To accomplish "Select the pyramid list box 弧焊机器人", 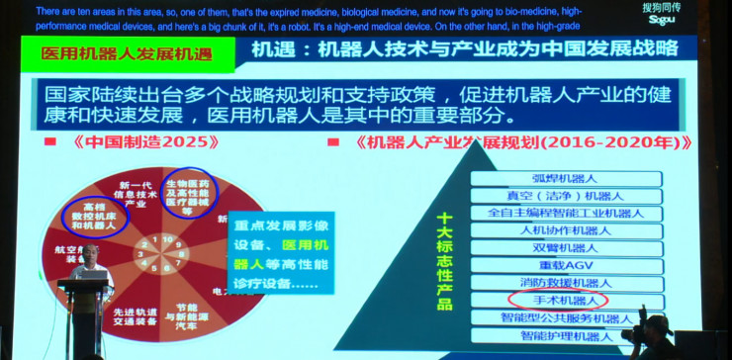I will [x=565, y=178].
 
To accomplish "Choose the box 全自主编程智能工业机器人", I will [x=565, y=213].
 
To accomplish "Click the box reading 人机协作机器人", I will [x=565, y=230].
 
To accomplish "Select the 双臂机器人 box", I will [x=565, y=247].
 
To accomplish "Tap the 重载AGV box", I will [x=565, y=265].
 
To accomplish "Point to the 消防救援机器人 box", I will [x=565, y=282].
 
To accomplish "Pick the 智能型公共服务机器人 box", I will [x=565, y=317].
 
